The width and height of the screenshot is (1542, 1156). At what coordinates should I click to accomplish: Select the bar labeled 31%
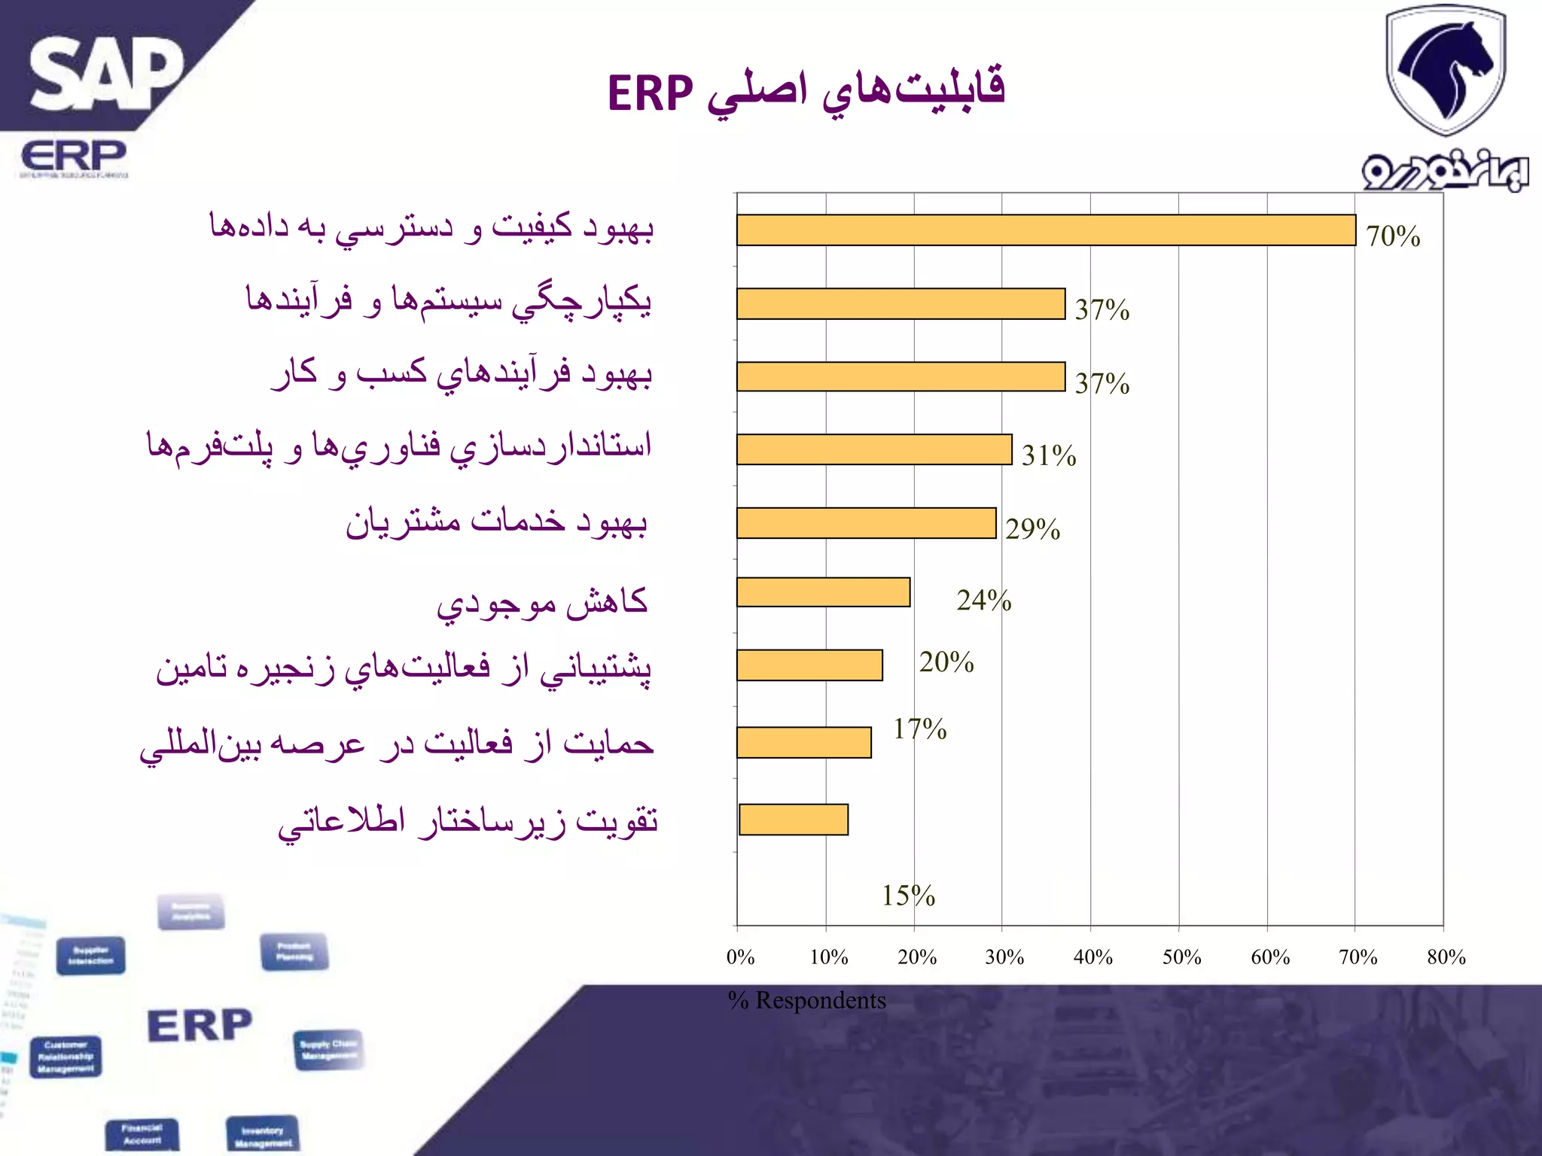coord(873,449)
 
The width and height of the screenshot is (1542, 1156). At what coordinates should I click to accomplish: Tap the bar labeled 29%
coord(866,523)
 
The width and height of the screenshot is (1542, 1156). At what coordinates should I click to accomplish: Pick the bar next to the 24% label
coord(823,592)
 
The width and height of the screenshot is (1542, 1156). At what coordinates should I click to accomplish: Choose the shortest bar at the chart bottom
coord(794,820)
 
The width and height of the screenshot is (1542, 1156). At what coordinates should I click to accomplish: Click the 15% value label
coord(908,896)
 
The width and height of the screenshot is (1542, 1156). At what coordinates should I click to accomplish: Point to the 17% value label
coord(919,729)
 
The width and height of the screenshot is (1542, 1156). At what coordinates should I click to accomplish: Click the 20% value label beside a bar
coord(946,662)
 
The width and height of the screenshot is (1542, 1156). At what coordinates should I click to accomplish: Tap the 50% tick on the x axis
coord(1181,957)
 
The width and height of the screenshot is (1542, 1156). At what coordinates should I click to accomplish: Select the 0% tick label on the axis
coord(740,957)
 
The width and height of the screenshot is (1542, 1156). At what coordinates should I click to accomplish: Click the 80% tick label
coord(1446,957)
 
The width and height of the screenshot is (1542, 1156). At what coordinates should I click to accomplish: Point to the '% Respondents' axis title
coord(806,1000)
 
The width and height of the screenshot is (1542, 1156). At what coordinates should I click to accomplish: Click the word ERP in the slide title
coord(650,94)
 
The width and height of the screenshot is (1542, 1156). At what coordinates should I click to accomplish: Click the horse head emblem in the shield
coord(1446,68)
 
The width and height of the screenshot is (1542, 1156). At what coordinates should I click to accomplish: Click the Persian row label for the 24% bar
coord(542,603)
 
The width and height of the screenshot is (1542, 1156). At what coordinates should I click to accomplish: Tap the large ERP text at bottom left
coord(200,1026)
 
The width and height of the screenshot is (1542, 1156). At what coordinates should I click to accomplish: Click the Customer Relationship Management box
coord(66,1057)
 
